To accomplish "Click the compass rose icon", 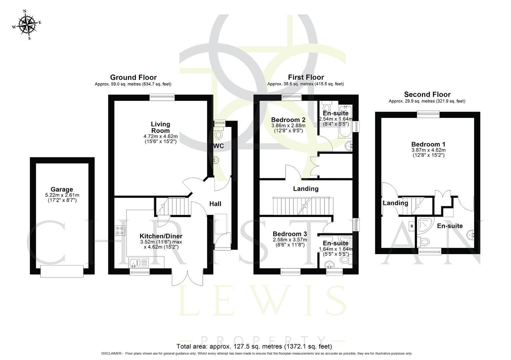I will pos(27,24).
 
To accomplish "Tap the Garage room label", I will pos(62,190).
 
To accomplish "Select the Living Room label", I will pos(160,127).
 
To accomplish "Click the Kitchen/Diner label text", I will pos(161,236).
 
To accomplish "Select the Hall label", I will pos(215,204).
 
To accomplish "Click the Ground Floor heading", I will pos(133,78).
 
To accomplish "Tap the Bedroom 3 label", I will pos(290,234).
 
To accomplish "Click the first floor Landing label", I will pos(306,189).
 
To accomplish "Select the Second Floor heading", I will pos(427,94).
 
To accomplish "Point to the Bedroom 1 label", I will pos(428,144).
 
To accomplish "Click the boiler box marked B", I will pos(412,226).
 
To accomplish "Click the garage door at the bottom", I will pos(62,271).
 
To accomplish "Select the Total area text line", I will pos(254,346).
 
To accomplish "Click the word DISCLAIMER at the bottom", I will pos(112,353).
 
